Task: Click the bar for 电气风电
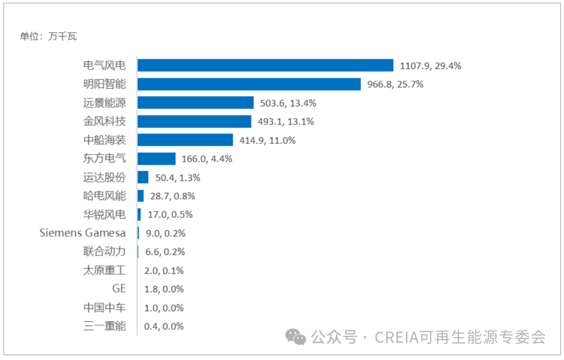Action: click(x=265, y=65)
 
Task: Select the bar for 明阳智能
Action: click(x=249, y=84)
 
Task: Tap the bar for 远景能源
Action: click(x=195, y=102)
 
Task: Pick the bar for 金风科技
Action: click(x=194, y=121)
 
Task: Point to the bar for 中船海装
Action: click(x=185, y=140)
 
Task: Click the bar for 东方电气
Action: click(x=156, y=158)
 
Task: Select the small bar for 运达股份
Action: click(x=143, y=177)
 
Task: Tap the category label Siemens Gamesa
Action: click(x=83, y=233)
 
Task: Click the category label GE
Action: click(x=119, y=288)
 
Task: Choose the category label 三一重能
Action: click(x=104, y=326)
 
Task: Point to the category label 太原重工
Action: click(x=104, y=270)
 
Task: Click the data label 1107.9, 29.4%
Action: click(x=430, y=66)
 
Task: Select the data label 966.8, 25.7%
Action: click(x=395, y=85)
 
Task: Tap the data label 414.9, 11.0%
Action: click(x=267, y=140)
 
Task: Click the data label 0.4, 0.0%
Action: click(x=163, y=326)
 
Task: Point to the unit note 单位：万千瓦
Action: click(x=49, y=37)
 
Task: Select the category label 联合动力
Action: click(x=104, y=251)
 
